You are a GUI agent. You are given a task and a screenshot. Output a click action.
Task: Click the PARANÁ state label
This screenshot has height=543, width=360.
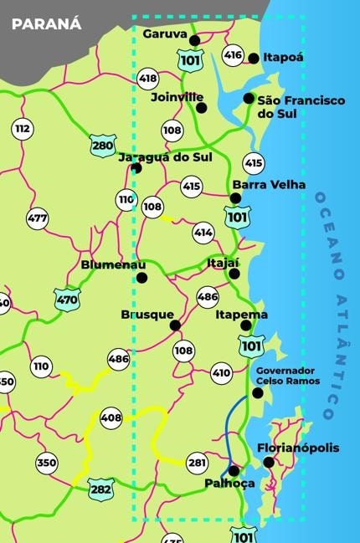[x=47, y=23]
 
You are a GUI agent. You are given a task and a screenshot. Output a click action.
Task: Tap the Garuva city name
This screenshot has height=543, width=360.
[x=164, y=34]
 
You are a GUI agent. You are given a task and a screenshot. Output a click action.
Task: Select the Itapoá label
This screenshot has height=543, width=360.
[x=283, y=58]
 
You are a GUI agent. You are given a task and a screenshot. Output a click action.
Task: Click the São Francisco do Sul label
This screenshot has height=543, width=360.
[x=300, y=106]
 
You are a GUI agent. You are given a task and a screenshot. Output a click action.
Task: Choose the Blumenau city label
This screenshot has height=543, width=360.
[x=107, y=265]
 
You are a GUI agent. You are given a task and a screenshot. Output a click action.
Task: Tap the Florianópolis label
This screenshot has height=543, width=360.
[x=298, y=448]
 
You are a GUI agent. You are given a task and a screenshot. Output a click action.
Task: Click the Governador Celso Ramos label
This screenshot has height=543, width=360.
[x=285, y=376]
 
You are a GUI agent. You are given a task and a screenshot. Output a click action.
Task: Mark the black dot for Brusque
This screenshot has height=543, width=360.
[x=175, y=325]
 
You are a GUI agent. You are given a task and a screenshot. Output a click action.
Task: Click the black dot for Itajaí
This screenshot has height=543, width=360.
[x=234, y=274]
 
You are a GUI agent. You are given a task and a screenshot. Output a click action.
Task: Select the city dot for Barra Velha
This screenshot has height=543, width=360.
[x=235, y=198]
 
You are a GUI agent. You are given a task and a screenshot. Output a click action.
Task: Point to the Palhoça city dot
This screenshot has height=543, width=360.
[x=234, y=470]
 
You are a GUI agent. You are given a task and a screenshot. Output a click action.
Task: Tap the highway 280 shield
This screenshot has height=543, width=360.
[x=103, y=146]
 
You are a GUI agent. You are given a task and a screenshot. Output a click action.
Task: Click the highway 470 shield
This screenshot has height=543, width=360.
[x=67, y=298]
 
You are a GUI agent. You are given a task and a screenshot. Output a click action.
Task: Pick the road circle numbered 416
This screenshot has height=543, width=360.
[x=233, y=56]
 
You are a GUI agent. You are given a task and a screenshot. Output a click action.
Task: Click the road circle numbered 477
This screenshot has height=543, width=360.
[x=38, y=218]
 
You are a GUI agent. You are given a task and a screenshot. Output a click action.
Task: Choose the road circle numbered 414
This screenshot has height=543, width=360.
[x=203, y=232]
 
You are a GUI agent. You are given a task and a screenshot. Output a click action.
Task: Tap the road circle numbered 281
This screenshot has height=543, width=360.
[x=197, y=463]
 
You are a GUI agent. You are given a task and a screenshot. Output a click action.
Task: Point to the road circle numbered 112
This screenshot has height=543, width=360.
[x=23, y=129]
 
